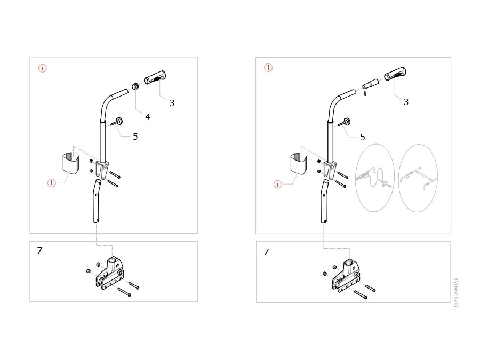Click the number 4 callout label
click(x=148, y=117)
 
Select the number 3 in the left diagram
click(x=172, y=103)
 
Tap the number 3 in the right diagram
click(x=406, y=102)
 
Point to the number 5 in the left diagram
click(x=135, y=137)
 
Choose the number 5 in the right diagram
click(x=363, y=137)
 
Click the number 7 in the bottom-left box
click(x=39, y=251)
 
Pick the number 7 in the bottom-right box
click(x=266, y=252)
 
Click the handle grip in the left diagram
click(x=155, y=78)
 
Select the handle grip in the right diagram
click(x=395, y=74)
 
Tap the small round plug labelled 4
click(x=135, y=86)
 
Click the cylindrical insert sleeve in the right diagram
click(x=371, y=84)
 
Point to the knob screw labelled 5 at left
click(x=117, y=122)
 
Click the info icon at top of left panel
click(x=43, y=68)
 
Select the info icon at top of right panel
click(x=268, y=68)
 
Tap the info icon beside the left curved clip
click(x=52, y=183)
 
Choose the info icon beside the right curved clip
click(x=278, y=185)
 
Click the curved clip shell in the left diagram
click(x=70, y=165)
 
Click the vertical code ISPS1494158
click(x=456, y=292)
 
